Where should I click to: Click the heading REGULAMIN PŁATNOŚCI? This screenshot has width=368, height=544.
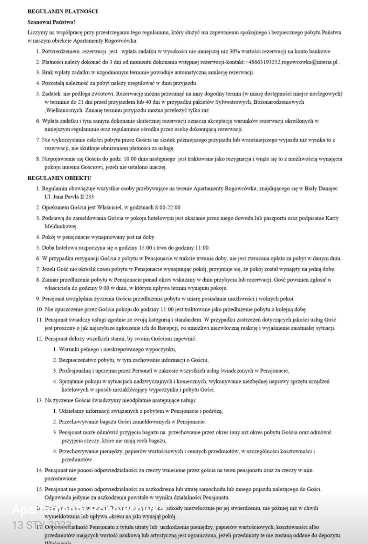[63, 11]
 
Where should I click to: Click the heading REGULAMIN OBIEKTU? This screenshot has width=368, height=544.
[59, 178]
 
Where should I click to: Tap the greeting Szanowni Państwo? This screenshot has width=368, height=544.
[51, 22]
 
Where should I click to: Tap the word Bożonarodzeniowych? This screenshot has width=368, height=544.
[279, 102]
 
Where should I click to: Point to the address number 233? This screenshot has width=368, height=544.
[89, 197]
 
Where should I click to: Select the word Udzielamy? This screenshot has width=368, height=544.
[71, 411]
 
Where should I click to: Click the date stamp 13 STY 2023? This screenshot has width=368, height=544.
[42, 525]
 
